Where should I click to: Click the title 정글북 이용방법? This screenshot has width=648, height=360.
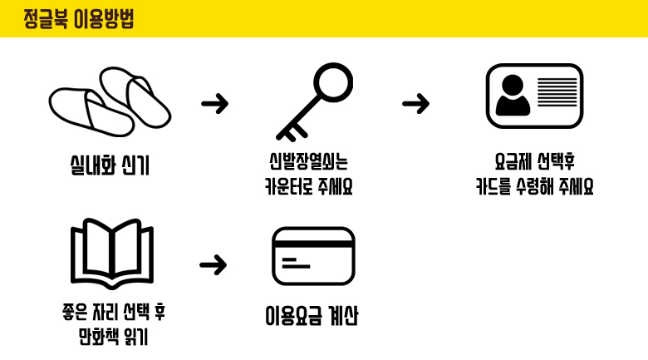point(78,19)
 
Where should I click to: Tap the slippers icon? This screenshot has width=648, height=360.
point(110,102)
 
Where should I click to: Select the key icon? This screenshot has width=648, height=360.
point(314,101)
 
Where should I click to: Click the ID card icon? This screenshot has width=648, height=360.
point(534,96)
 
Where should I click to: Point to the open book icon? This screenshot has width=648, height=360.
point(112,252)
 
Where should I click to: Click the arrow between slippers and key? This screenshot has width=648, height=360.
point(214,104)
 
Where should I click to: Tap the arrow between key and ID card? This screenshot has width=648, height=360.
point(415,104)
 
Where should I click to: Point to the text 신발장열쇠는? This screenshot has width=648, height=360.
point(309,160)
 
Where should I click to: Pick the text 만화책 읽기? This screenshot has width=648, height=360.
point(113,338)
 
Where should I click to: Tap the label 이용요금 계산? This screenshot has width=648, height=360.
point(312,317)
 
